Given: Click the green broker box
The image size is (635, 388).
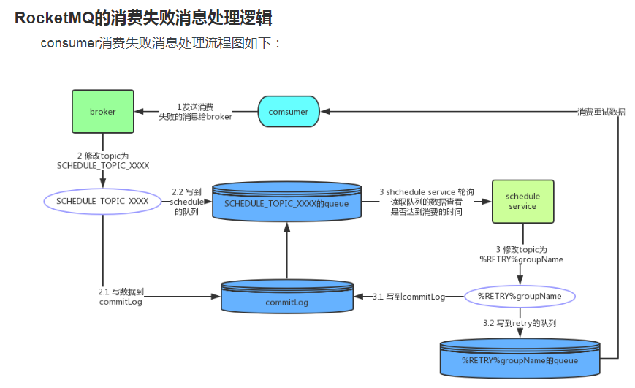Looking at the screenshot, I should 102,112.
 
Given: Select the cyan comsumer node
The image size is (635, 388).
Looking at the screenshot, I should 288,112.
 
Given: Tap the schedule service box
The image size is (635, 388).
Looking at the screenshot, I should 522,201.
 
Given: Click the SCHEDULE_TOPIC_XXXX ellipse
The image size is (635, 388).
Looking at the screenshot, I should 102,201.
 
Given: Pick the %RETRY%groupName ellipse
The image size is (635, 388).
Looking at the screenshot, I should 520,296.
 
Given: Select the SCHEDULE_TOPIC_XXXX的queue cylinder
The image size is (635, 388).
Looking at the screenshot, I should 286,202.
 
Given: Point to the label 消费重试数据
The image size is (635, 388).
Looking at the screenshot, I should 601,113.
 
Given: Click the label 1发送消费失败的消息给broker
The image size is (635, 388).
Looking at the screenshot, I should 195,112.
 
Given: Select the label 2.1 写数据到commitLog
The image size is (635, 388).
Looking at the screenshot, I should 121,296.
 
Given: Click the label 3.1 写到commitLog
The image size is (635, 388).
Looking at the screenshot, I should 408,297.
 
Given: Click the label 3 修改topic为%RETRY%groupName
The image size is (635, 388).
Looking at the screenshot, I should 521,254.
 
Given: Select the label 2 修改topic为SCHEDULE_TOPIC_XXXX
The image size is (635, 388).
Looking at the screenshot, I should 103,161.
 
